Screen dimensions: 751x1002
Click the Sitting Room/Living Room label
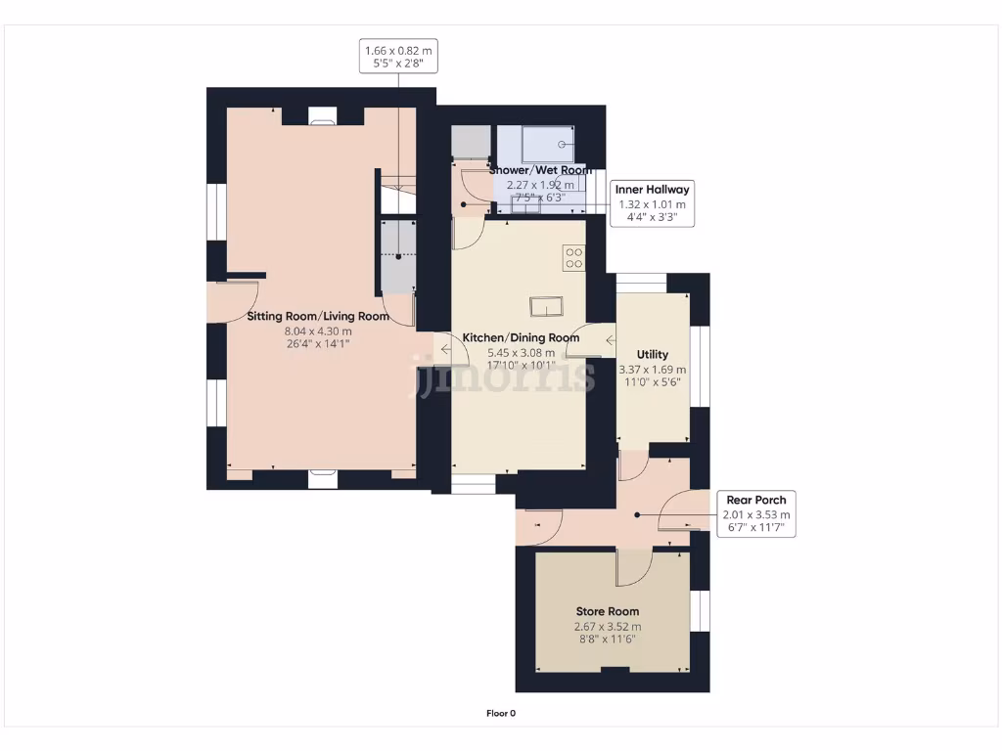317,316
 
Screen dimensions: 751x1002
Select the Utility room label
652,354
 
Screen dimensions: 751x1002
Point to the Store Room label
608,611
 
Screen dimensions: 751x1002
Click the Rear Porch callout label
754,500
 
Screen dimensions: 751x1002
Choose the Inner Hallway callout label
653,190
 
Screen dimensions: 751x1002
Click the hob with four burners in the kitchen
573,258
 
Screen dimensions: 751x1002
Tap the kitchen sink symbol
545,306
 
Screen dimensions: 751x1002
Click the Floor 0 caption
501,713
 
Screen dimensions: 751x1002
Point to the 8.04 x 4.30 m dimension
317,331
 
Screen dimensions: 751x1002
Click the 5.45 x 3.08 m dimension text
521,353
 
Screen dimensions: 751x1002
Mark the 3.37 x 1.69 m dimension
652,370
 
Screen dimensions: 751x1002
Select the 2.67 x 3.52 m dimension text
608,627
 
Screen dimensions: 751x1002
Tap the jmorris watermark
501,375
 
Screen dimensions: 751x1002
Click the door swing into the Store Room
634,566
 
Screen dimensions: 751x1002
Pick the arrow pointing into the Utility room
611,340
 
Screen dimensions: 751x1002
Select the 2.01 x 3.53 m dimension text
754,514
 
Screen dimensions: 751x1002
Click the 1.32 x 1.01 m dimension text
653,204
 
